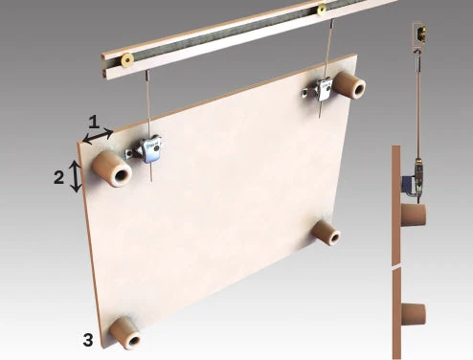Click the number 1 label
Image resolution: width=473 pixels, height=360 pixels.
(x=94, y=123)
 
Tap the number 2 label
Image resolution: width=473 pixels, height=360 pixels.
(x=58, y=177)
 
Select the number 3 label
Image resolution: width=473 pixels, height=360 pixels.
(x=88, y=340)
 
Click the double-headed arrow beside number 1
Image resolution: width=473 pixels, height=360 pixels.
(x=98, y=137)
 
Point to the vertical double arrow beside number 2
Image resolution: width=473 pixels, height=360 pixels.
(x=76, y=176)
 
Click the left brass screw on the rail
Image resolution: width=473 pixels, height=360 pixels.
(x=127, y=59)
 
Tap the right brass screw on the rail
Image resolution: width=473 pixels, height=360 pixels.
(x=322, y=9)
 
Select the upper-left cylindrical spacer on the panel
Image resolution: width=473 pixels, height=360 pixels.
(x=112, y=169)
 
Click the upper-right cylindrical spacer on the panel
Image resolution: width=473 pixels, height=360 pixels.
(x=349, y=84)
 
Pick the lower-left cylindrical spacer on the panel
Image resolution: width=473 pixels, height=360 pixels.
(x=125, y=333)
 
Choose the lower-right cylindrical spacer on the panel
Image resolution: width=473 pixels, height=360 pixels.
(x=327, y=233)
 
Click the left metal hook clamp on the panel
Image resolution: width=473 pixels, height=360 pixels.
(x=144, y=149)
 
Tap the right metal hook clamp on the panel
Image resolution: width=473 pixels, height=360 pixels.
(x=318, y=90)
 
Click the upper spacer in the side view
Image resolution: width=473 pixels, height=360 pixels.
(x=414, y=214)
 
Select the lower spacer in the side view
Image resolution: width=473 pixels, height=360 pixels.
(x=414, y=314)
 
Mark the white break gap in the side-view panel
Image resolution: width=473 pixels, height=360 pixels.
(x=396, y=266)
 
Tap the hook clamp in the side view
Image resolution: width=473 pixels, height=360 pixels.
(x=418, y=178)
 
